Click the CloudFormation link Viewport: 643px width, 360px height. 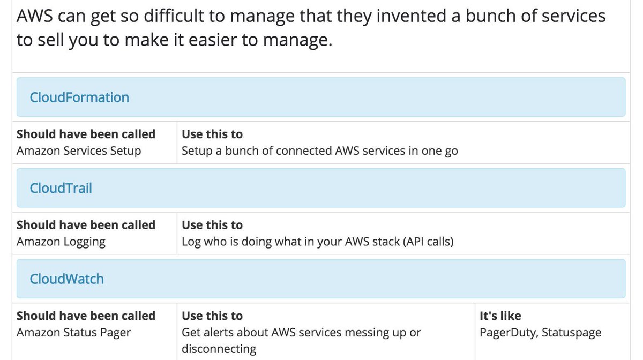pyautogui.click(x=79, y=97)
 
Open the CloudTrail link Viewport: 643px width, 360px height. pyautogui.click(x=61, y=188)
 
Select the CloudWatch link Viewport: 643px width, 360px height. pyautogui.click(x=66, y=279)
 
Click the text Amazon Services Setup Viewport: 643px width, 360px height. pyautogui.click(x=79, y=151)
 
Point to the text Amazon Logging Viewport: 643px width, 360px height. pyautogui.click(x=61, y=242)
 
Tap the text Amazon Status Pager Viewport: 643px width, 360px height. pyautogui.click(x=74, y=333)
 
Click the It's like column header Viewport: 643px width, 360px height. pyautogui.click(x=500, y=316)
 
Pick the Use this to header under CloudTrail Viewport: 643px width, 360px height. pyautogui.click(x=212, y=225)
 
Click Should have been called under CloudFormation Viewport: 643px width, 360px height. pyautogui.click(x=86, y=134)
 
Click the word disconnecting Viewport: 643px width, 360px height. pyautogui.click(x=219, y=349)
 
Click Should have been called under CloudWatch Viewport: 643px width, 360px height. pyautogui.click(x=86, y=316)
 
